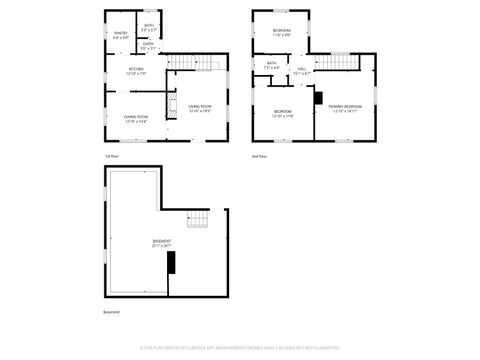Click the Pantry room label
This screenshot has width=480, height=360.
(x=121, y=35)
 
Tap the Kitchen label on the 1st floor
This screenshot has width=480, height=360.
(x=137, y=71)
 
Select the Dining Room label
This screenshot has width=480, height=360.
(x=136, y=119)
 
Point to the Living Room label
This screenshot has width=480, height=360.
(x=200, y=108)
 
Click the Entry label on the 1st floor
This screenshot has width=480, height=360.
(x=148, y=46)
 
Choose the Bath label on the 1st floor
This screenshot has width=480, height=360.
(x=148, y=27)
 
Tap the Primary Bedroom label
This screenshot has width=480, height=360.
(x=345, y=107)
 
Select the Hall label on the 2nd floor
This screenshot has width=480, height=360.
(x=301, y=71)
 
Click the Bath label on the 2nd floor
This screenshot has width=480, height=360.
(x=271, y=66)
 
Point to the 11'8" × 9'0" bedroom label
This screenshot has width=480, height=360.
(x=282, y=33)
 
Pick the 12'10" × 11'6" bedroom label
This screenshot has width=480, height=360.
(x=283, y=113)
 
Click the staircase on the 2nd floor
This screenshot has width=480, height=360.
(x=343, y=63)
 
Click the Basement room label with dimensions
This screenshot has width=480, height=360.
(x=161, y=243)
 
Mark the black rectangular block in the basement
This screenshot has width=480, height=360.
(x=170, y=263)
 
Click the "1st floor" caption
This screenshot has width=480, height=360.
(x=112, y=157)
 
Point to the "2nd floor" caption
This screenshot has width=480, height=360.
(x=259, y=157)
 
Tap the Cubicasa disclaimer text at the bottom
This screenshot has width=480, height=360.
(x=240, y=349)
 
